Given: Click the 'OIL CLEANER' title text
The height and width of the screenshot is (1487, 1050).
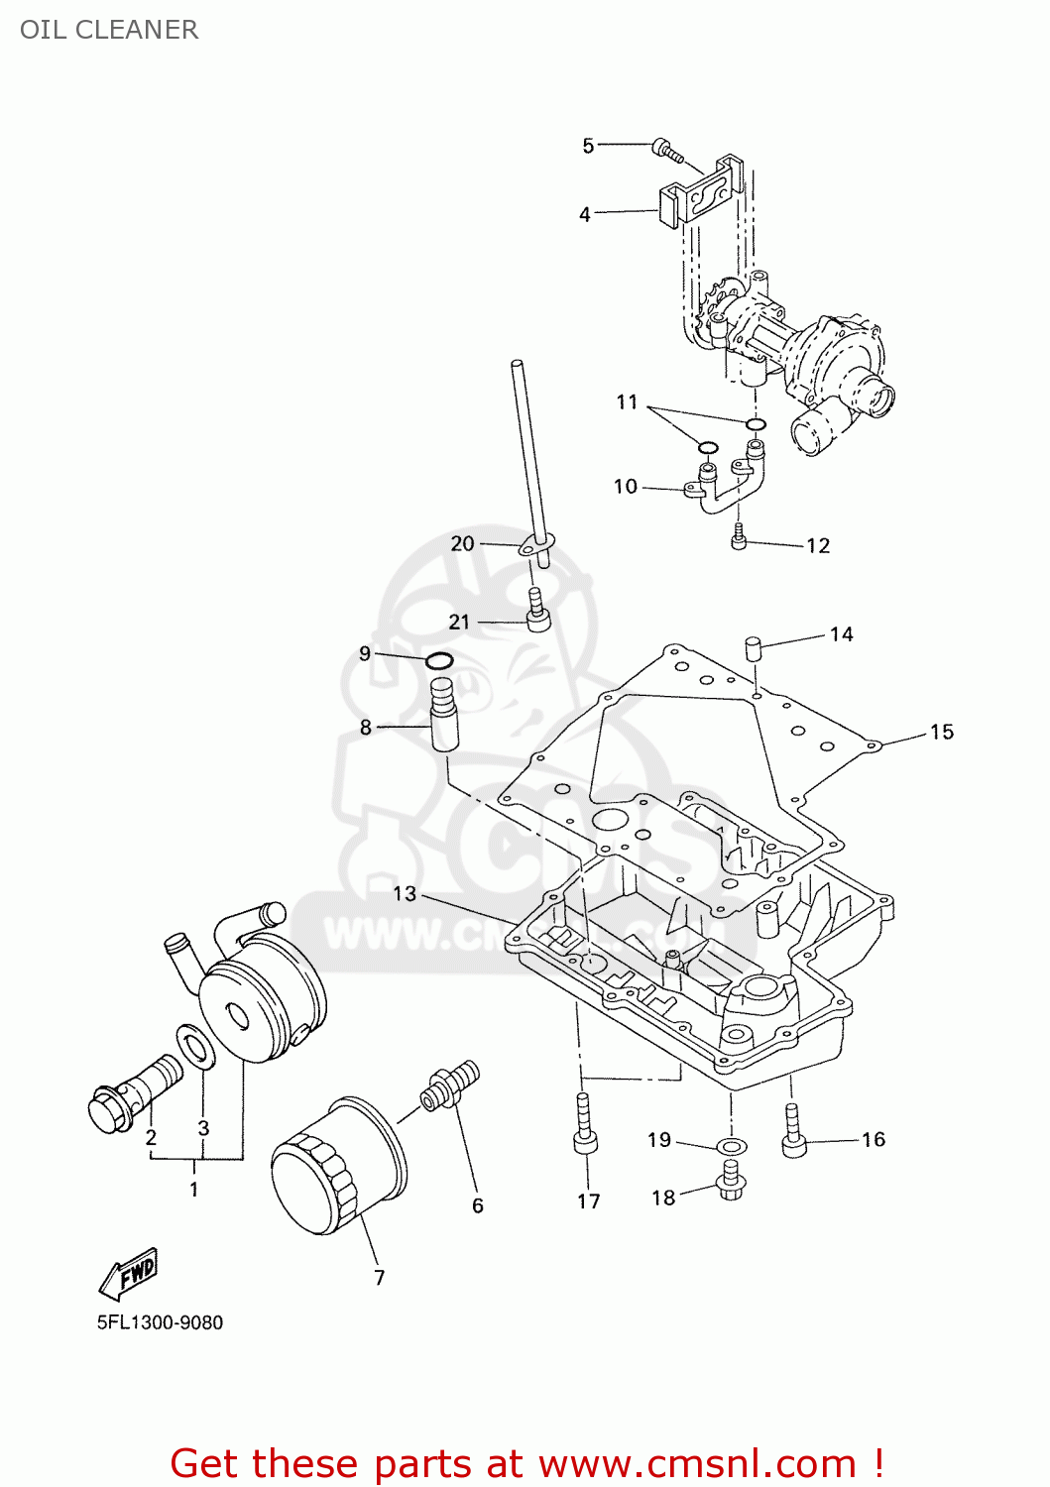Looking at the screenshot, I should tap(109, 30).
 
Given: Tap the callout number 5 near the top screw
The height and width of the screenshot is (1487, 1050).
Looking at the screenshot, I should tap(588, 147).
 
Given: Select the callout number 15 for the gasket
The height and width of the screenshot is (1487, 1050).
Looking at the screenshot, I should tap(941, 733).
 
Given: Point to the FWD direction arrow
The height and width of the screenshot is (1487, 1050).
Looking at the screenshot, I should tap(129, 1273).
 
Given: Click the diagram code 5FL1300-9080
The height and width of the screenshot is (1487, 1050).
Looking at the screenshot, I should tap(160, 1322).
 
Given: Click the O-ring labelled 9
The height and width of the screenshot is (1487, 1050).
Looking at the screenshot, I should tap(439, 661).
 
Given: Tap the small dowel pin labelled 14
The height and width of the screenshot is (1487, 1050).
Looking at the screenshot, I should tap(754, 649).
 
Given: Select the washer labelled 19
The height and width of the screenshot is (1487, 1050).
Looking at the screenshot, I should tap(732, 1147).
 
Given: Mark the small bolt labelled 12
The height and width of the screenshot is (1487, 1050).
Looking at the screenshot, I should tap(739, 536).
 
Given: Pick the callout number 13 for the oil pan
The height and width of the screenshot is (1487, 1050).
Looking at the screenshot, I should tap(405, 894).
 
